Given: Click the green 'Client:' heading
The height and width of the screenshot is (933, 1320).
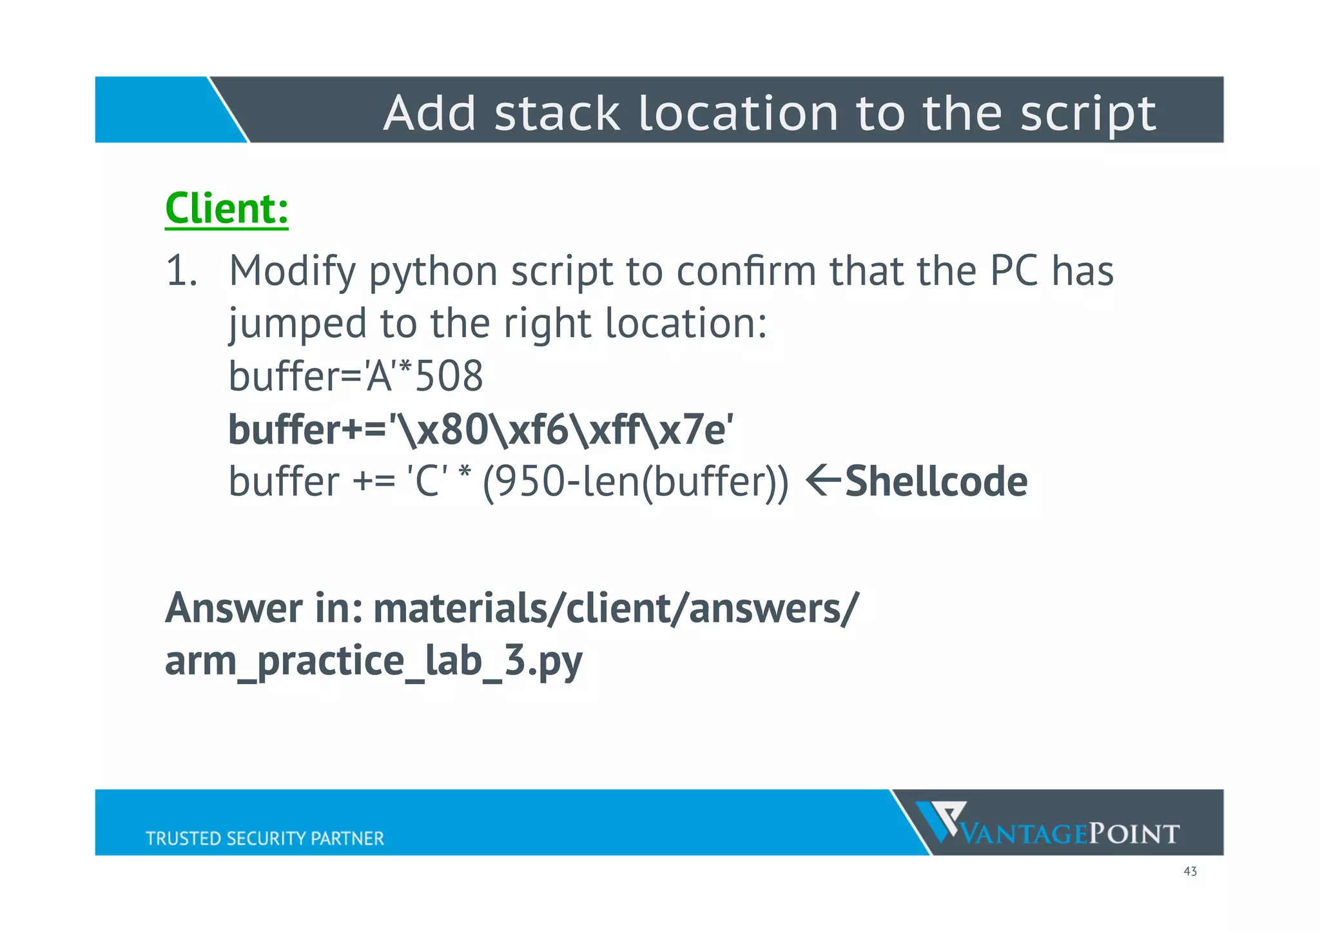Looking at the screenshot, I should [x=226, y=209].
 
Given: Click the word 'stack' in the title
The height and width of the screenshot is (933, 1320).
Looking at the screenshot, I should [x=557, y=114].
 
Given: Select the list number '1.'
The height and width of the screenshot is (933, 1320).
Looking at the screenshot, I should [x=181, y=271].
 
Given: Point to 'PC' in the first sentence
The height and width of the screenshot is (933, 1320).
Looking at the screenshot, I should [x=1014, y=271].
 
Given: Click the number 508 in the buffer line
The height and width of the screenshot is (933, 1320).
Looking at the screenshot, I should [x=449, y=377].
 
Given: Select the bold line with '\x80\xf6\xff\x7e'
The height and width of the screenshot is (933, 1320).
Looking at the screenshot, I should [x=481, y=429].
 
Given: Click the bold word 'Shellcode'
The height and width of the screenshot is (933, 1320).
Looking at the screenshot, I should [x=936, y=482].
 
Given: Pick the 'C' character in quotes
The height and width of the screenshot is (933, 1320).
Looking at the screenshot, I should [x=427, y=482].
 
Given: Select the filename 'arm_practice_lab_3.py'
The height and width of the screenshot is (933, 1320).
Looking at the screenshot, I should [x=374, y=660].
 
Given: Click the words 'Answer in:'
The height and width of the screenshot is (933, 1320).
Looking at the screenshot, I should [x=264, y=608].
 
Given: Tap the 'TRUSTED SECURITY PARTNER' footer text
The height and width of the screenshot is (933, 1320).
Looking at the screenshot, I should [x=264, y=838].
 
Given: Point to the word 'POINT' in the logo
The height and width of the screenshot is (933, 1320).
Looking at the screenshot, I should [x=1134, y=834].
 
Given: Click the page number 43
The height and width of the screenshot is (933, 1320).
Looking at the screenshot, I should [x=1190, y=872].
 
